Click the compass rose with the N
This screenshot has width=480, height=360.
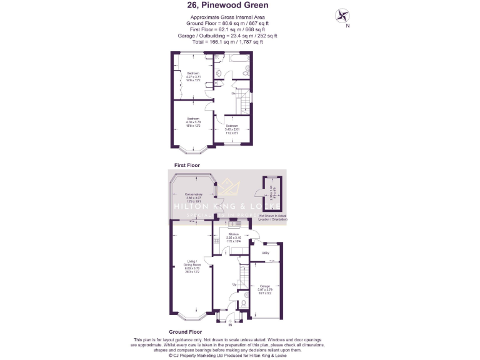[343, 16]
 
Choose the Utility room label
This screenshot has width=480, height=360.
[265, 252]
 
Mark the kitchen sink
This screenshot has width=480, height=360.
[236, 223]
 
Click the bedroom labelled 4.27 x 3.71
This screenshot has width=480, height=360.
[193, 76]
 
